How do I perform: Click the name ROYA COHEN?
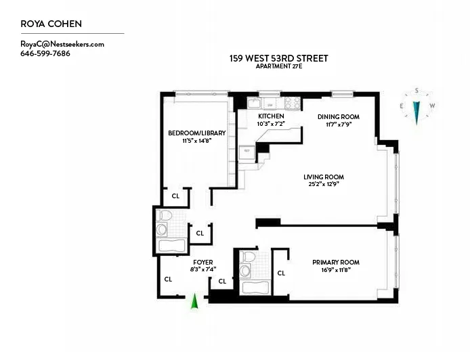51,24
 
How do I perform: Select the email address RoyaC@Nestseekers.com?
62,44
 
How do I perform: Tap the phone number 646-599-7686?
45,53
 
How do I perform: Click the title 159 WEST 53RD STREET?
278,58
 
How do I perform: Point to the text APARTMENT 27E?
278,66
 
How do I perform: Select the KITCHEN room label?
271,116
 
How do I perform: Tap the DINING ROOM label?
339,116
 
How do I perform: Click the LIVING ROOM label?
324,177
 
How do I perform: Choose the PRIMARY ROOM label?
335,262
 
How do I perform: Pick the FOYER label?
203,262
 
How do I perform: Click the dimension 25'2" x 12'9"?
324,184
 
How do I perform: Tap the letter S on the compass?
416,91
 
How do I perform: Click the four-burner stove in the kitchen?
292,104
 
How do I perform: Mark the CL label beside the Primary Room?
281,273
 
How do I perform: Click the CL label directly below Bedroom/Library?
175,196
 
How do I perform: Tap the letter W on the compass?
432,106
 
